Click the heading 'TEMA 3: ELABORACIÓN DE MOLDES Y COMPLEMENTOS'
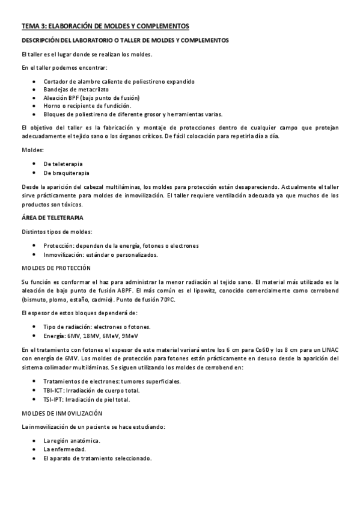point(105,26)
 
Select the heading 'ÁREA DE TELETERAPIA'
point(52,217)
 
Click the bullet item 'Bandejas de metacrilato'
point(76,89)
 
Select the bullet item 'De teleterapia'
point(63,164)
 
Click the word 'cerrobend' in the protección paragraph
point(324,290)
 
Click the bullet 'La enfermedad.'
point(64,449)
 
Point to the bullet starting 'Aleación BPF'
point(91,97)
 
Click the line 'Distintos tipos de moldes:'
point(57,232)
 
